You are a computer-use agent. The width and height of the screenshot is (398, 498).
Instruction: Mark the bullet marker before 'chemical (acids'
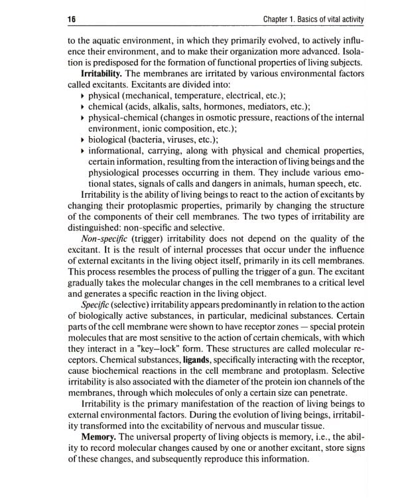click(82, 107)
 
